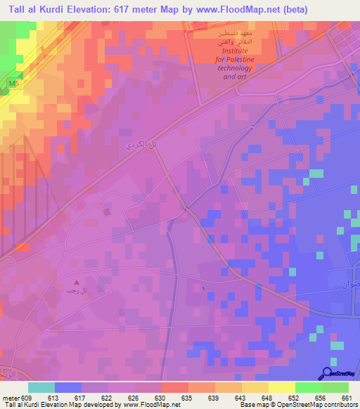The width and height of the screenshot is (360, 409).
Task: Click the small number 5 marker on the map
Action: (x=203, y=288)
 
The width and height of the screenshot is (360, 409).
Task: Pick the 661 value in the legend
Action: (x=346, y=397)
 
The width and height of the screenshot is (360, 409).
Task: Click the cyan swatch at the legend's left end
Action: (x=41, y=387)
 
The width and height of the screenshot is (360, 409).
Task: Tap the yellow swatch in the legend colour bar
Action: (x=281, y=387)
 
